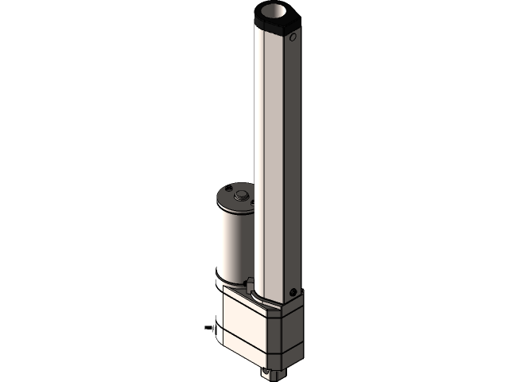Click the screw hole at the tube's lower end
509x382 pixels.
293,290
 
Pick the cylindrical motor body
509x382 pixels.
231,239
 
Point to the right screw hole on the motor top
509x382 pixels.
253,203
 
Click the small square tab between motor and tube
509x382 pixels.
251,282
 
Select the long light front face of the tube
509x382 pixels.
270,159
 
